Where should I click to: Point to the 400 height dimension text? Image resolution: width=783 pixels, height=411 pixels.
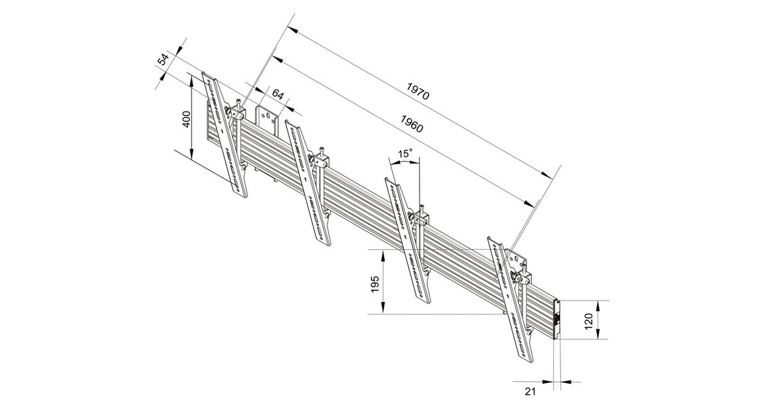186,119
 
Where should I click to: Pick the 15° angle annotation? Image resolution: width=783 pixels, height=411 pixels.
405,154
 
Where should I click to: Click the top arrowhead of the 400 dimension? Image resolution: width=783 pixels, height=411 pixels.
192,78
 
